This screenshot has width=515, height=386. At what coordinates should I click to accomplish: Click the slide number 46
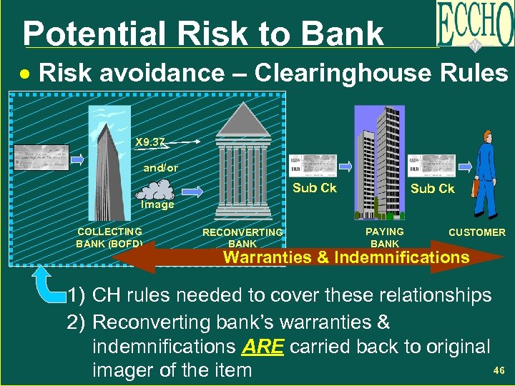[x=499, y=370]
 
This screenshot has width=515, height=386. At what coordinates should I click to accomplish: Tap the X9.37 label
[x=150, y=142]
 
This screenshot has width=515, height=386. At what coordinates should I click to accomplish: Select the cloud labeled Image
[x=158, y=190]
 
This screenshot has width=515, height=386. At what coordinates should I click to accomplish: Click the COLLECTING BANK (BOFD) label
[x=109, y=237]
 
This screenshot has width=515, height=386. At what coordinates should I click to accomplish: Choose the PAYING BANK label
[x=384, y=237]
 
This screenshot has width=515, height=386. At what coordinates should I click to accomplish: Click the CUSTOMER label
[x=476, y=232]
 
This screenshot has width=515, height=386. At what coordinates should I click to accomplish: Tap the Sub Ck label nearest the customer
[x=432, y=189]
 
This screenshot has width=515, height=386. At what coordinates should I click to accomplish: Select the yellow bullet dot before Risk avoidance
[x=26, y=74]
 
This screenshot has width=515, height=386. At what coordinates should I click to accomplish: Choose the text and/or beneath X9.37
[x=161, y=168]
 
